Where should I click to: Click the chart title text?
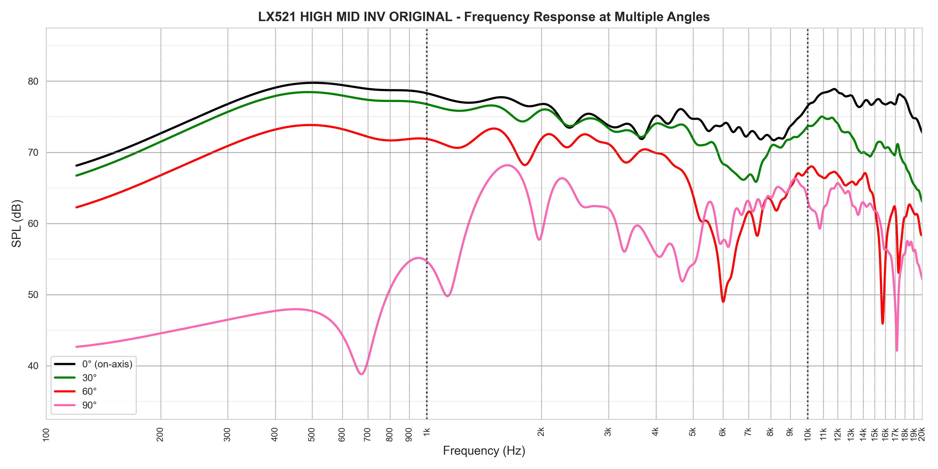coord(484,17)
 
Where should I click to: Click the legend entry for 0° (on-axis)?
coord(107,364)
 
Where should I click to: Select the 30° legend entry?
coord(89,378)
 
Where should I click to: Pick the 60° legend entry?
coord(89,391)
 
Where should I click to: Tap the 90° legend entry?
coord(89,405)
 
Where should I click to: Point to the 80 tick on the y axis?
coord(33,82)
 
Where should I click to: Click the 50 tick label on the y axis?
coord(33,295)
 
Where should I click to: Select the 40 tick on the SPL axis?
coord(33,366)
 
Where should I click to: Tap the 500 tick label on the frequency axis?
coord(312,434)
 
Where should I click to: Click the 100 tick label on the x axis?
coord(46,434)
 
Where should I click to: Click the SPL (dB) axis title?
coord(17,224)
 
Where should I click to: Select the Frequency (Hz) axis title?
coord(484,451)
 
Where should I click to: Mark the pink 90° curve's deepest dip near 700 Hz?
coord(361,374)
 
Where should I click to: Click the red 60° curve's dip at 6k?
coord(723,301)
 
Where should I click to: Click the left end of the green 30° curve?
coord(76,176)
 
